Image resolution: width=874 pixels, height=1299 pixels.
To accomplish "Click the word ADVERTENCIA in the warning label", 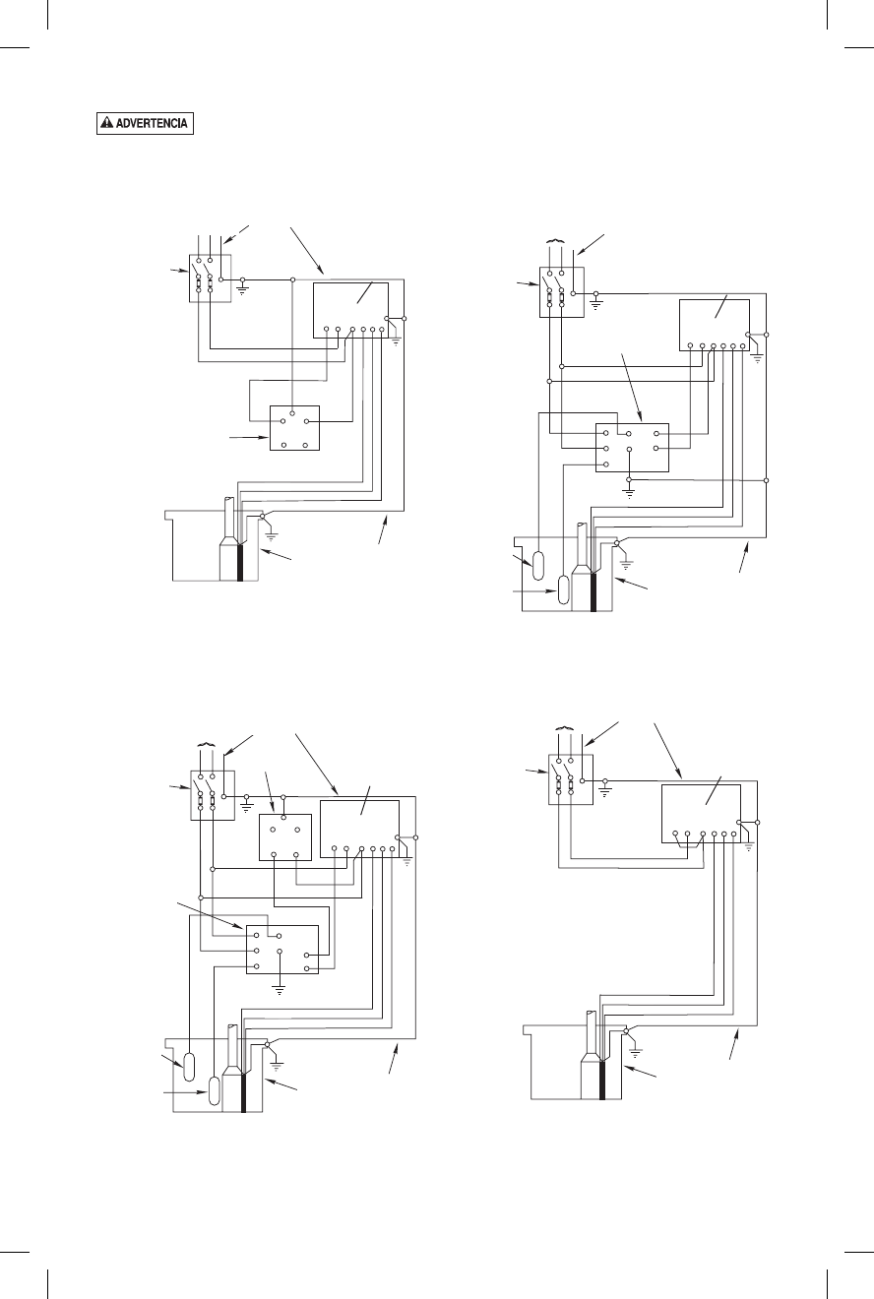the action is coord(151,125).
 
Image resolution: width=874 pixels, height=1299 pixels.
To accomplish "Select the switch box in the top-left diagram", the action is coord(209,277).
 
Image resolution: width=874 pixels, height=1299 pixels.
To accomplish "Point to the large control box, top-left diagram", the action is coord(350,309).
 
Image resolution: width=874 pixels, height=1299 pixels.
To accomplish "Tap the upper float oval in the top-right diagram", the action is coord(538,566).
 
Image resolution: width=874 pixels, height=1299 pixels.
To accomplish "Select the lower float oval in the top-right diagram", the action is coord(564,588).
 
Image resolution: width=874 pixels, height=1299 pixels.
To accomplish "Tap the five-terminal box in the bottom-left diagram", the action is coord(283,836).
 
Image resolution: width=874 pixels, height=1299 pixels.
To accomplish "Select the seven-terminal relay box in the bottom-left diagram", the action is coord(281,949).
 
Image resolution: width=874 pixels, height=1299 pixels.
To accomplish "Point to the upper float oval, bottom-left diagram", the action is coord(190,1067).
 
